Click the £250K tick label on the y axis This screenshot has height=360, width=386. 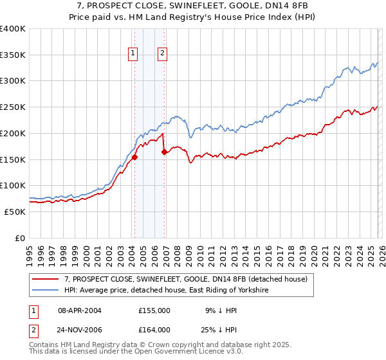pos(13,107)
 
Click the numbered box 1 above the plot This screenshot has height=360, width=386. pos(133,54)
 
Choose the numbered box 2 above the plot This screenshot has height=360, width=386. pos(162,54)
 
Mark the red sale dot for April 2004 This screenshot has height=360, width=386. pos(134,157)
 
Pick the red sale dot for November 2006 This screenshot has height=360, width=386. pos(165,152)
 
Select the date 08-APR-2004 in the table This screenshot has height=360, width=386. pos(80,310)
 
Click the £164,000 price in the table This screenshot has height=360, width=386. pos(154,330)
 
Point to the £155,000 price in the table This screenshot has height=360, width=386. pos(154,310)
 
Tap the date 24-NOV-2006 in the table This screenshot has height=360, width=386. pos(80,330)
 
